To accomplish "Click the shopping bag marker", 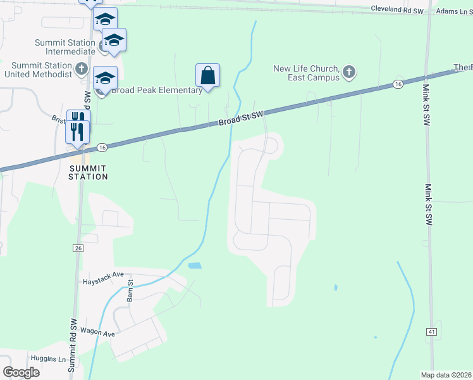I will pos(207,76).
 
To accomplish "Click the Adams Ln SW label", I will pos(454,11).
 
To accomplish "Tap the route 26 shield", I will pos(78,248).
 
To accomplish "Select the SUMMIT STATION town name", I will pos(89,172).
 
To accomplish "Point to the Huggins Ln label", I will pos(48,359).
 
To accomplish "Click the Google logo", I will pos(21,372).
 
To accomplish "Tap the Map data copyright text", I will pos(446,375).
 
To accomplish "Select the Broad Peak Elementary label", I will pos(157,90).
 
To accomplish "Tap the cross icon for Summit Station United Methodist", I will pos(81,68).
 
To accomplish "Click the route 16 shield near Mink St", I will pos(397,84).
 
